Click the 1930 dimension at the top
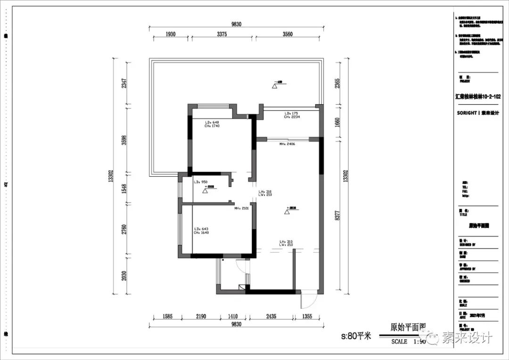[171, 34]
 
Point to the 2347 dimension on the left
[124, 83]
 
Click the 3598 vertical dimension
[124, 140]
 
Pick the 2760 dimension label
[124, 229]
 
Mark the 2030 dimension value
[124, 275]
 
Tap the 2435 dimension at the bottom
[271, 316]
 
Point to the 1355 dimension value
[307, 316]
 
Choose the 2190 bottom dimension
[201, 316]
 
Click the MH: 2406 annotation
[287, 144]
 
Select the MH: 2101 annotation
[242, 208]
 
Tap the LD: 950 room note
[201, 181]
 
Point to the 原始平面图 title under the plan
[408, 327]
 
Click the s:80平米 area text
[356, 336]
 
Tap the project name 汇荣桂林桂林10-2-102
[477, 96]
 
